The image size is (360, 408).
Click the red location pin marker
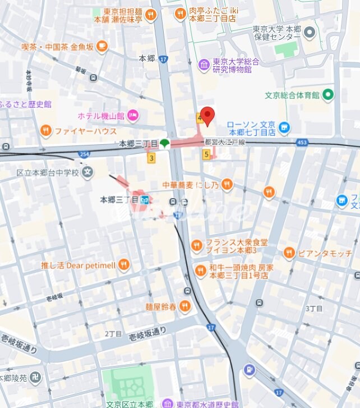[x=208, y=116]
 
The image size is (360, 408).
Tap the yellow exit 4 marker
[x=199, y=118]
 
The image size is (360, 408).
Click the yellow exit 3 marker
[x=151, y=158]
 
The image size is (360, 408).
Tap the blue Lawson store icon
[x=284, y=129]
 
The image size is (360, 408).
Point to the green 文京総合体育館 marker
[x=328, y=94]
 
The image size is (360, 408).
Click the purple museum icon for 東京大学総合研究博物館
[x=204, y=66]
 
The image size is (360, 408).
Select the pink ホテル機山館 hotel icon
[x=132, y=116]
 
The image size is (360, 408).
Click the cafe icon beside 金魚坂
[x=102, y=47]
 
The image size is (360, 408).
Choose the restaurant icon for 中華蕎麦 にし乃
[x=227, y=184]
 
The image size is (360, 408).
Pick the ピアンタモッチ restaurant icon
[x=289, y=253]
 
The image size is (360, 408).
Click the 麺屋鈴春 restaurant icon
[x=184, y=306]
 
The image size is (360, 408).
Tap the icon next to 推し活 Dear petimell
[x=124, y=264]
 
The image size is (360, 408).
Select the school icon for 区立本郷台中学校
[x=87, y=172]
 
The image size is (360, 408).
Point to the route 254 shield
[x=84, y=153]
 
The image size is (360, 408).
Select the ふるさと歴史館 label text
[x=26, y=104]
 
